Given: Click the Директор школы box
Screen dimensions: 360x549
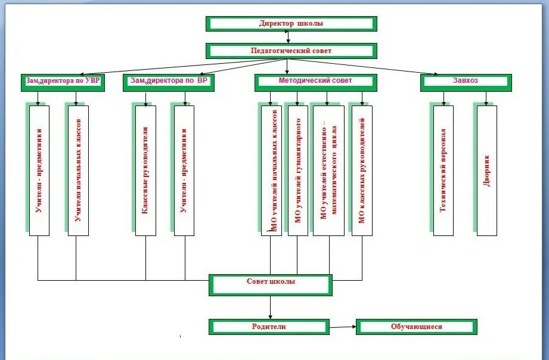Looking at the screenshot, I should (291, 24).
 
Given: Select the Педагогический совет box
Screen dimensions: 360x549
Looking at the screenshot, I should (291, 51).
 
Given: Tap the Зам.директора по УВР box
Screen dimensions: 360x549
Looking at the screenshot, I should (63, 82).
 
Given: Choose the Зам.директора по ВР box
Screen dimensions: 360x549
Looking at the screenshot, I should (169, 82).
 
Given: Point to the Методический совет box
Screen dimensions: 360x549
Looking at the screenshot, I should (315, 82).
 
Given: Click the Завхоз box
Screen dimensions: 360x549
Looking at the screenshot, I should (466, 82).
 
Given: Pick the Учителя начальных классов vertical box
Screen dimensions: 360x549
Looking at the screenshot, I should (78, 170).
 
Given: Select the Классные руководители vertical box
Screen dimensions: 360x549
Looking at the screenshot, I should (145, 170).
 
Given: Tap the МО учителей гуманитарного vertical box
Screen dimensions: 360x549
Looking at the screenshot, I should (298, 170).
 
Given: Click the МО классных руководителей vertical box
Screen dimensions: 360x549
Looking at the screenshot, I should (362, 170).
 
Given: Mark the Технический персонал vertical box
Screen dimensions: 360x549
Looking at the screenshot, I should (443, 170).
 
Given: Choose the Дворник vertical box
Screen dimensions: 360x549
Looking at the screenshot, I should (487, 170).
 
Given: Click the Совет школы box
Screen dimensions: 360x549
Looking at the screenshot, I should (271, 284).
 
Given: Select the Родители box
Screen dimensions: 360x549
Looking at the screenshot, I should (269, 327).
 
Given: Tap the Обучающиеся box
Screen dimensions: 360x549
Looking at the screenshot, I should (417, 327).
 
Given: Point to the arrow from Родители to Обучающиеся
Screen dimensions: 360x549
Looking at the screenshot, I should (342, 327).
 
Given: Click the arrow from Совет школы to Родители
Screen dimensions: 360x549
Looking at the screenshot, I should (271, 307).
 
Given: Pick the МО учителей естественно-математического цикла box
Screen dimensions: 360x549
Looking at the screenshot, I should (328, 170).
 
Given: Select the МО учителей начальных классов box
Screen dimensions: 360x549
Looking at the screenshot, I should (272, 170).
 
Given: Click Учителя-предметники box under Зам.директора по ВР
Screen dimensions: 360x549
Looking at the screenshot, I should (184, 170).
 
